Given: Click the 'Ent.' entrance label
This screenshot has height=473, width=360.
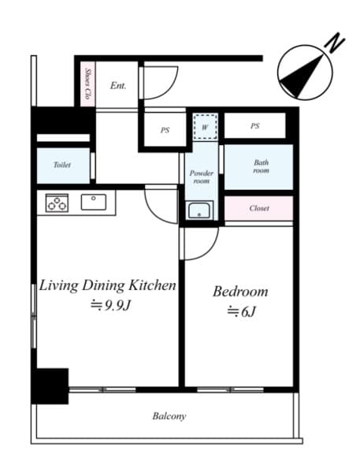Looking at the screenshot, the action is (x=118, y=86).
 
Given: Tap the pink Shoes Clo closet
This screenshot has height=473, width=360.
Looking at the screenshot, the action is (x=88, y=84).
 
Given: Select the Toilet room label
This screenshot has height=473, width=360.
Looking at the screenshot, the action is (x=62, y=165).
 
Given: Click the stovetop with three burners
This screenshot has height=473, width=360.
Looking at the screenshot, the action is (x=57, y=203).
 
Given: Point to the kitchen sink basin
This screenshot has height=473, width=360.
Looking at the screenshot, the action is (x=94, y=202).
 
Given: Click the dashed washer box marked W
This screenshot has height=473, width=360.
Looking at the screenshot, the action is (x=205, y=127).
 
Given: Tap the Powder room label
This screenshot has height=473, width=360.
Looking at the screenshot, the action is (x=202, y=177).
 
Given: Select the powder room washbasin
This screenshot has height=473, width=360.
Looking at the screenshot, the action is (x=199, y=210).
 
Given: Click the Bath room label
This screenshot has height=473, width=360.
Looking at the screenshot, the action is (x=261, y=166).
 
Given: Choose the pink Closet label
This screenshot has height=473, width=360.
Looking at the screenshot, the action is (x=259, y=208).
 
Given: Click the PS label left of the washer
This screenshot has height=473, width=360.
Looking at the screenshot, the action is (x=165, y=130).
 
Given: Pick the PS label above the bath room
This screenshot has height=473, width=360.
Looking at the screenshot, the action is (x=254, y=126).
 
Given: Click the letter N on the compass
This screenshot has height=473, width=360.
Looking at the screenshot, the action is (x=335, y=43).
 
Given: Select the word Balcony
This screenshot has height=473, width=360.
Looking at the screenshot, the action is (x=169, y=416).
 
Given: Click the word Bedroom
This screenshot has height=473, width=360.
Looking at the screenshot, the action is (x=240, y=292).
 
